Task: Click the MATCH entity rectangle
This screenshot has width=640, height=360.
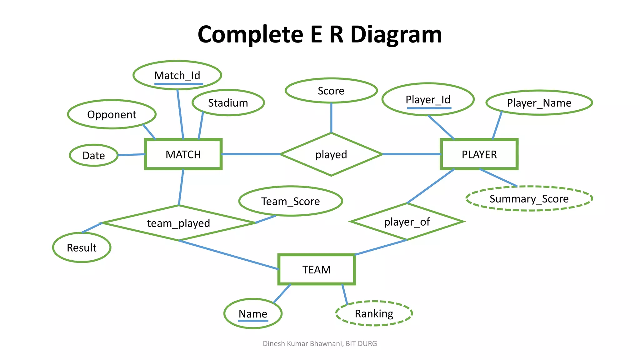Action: pyautogui.click(x=183, y=154)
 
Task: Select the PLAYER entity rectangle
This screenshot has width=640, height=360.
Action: pyautogui.click(x=479, y=154)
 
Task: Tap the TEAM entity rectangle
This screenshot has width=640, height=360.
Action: pyautogui.click(x=317, y=269)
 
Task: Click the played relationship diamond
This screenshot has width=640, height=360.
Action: pyautogui.click(x=331, y=154)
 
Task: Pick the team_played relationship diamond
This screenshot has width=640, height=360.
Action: pyautogui.click(x=178, y=223)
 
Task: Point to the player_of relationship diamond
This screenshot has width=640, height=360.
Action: pyautogui.click(x=407, y=222)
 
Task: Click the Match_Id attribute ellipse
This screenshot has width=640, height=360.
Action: pyautogui.click(x=177, y=75)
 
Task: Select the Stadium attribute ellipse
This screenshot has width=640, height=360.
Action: pyautogui.click(x=228, y=103)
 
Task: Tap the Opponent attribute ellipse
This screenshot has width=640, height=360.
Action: pyautogui.click(x=112, y=114)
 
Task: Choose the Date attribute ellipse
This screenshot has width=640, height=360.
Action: pyautogui.click(x=93, y=155)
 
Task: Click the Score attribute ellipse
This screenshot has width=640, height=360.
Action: pyautogui.click(x=331, y=91)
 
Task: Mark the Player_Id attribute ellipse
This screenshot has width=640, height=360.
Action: pyautogui.click(x=428, y=99)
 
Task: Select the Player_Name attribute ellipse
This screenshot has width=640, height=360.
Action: pyautogui.click(x=539, y=103)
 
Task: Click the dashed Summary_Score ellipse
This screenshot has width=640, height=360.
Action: pyautogui.click(x=529, y=199)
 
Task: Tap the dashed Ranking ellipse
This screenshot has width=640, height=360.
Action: pyautogui.click(x=374, y=313)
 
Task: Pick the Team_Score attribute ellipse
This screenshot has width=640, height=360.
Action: pyautogui.click(x=291, y=201)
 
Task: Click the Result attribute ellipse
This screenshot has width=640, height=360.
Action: pyautogui.click(x=82, y=247)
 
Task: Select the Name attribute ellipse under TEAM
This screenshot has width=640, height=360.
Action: pyautogui.click(x=253, y=313)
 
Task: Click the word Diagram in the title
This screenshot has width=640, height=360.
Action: pyautogui.click(x=396, y=34)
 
